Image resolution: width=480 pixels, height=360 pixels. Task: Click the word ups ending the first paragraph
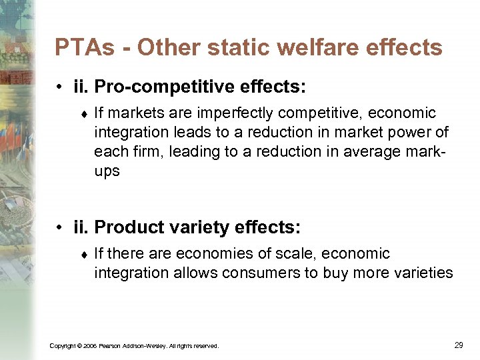pyautogui.click(x=107, y=171)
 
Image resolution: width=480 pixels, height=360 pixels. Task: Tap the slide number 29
pyautogui.click(x=458, y=345)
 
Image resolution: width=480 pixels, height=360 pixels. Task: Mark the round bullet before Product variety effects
pyautogui.click(x=61, y=228)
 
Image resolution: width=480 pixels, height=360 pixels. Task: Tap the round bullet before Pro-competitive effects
pyautogui.click(x=61, y=87)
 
